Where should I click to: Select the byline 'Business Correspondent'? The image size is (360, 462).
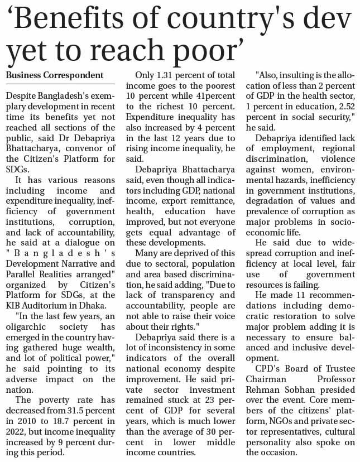pyautogui.click(x=54, y=75)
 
